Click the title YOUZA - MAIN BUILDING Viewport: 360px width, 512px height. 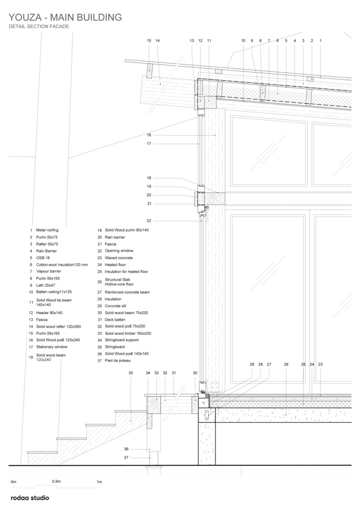pos(65,17)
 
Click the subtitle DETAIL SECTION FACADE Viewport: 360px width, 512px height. pos(39,27)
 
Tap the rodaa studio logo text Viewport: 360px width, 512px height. pos(30,498)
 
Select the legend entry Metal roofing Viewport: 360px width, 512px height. pos(47,230)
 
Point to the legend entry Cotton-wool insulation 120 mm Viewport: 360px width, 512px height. pos(62,265)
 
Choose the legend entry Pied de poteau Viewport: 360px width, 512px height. pos(118,360)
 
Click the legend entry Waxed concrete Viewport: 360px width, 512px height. pos(119,258)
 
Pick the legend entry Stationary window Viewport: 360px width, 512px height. pos(52,347)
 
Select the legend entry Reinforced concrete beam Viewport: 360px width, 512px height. pos(128,292)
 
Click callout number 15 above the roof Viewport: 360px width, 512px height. pos(149,41)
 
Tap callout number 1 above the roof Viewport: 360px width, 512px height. pos(321,41)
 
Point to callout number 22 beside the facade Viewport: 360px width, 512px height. pos(149,221)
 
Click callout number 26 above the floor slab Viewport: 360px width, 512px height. pos(286,365)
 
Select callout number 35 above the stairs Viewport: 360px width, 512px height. pos(131,373)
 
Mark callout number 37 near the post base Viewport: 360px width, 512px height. pos(126,458)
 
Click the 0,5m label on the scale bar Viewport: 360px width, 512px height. pos(56,481)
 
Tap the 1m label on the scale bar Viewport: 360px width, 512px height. pos(99,482)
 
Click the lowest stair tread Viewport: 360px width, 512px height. pos(42,452)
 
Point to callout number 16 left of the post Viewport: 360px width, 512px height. pos(149,135)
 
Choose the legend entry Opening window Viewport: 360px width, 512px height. pos(119,251)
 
